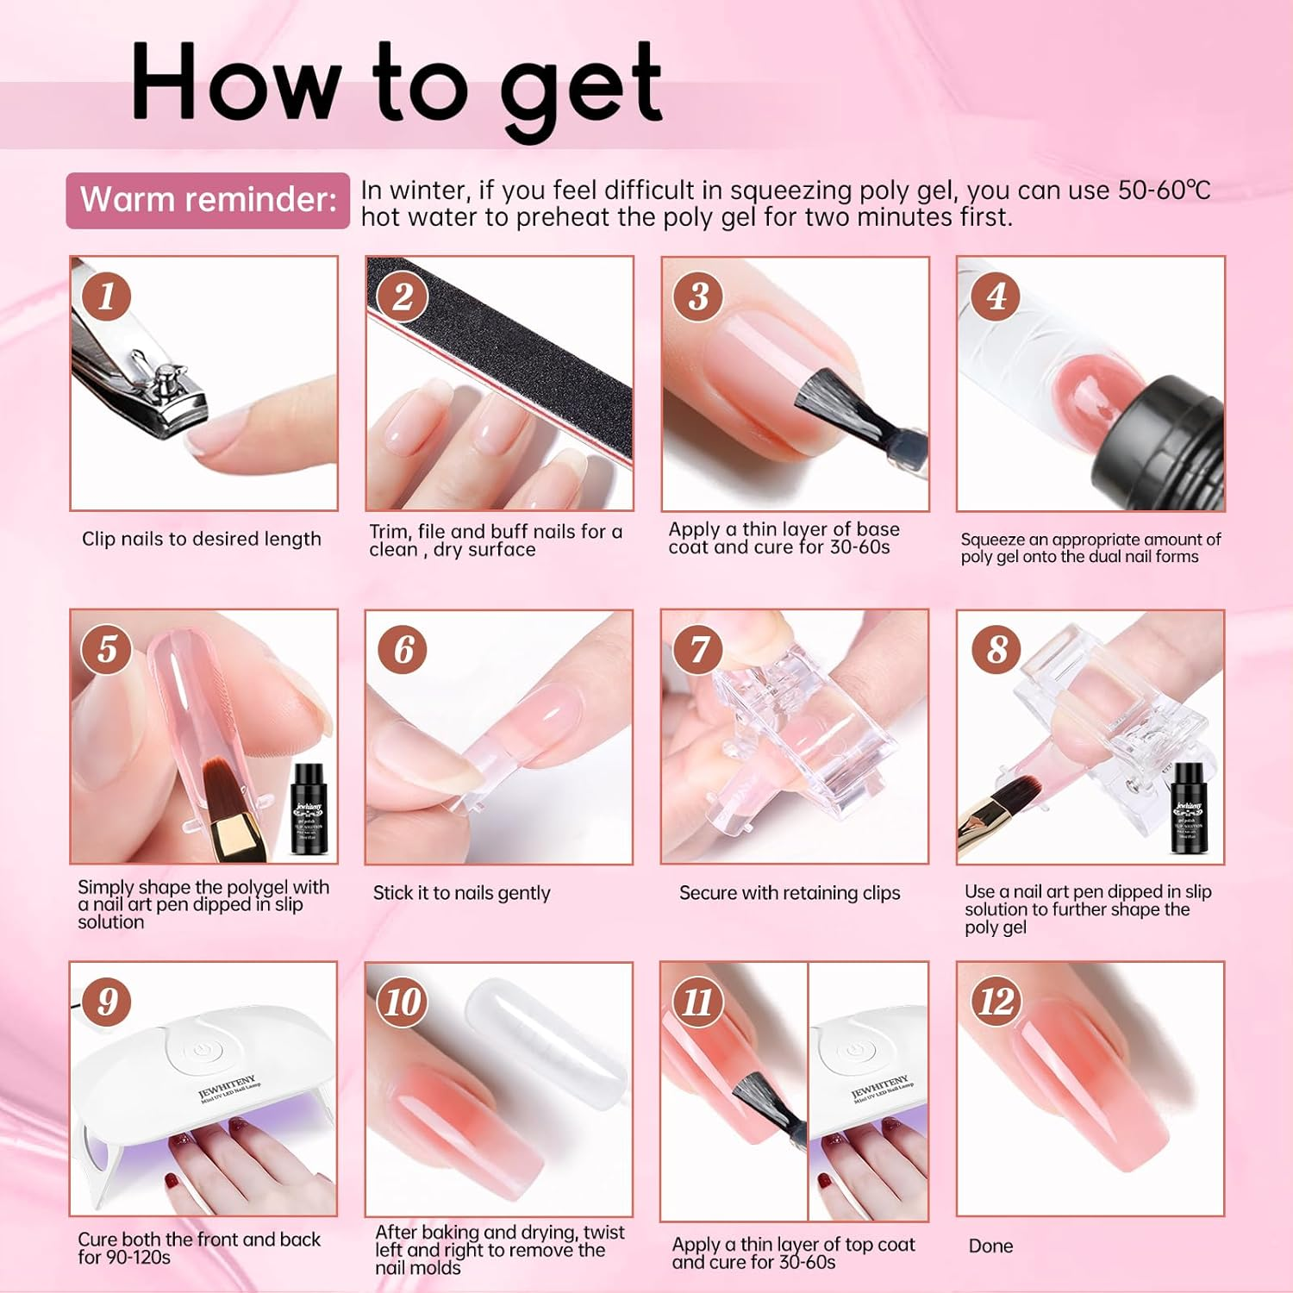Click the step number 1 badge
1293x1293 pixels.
(107, 296)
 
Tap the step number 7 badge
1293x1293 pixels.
(699, 650)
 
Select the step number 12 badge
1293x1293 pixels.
(996, 1002)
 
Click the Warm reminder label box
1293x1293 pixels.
(208, 200)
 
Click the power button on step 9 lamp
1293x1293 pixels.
(201, 1051)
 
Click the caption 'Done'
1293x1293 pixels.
(990, 1246)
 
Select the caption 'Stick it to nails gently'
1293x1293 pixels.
(461, 893)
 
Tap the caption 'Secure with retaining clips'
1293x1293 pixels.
(789, 893)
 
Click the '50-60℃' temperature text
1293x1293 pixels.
(1164, 191)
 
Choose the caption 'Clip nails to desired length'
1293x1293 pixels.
(201, 539)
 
